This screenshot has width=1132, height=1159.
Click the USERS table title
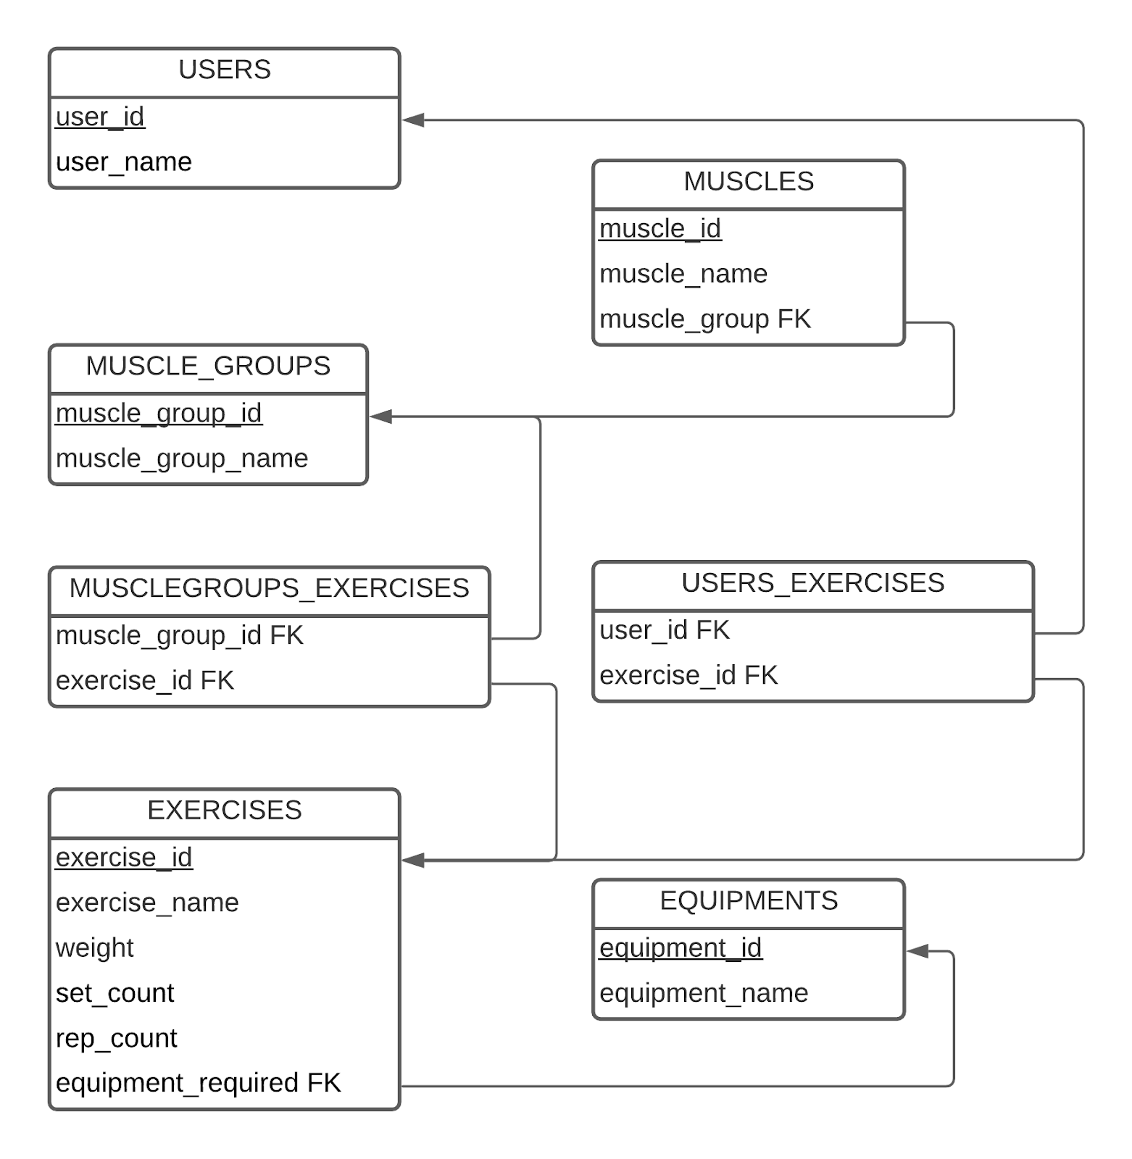[225, 70]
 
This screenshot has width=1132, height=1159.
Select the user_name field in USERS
[124, 162]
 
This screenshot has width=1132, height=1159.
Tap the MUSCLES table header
[749, 181]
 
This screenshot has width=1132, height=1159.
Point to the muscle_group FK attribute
[705, 319]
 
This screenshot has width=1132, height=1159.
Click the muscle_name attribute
[683, 274]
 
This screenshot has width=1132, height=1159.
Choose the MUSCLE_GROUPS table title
[208, 366]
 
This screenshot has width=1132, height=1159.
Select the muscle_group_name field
[182, 459]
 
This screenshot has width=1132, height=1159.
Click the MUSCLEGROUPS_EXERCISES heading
[269, 588]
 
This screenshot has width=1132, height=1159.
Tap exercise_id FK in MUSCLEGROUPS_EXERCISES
[145, 681]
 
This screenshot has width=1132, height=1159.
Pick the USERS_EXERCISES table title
[813, 583]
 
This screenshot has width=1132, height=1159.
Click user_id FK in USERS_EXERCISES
[665, 630]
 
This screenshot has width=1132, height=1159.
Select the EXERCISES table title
[225, 810]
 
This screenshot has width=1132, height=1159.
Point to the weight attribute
[95, 948]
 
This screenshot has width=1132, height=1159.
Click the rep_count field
[117, 1039]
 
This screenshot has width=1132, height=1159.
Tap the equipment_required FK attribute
[199, 1083]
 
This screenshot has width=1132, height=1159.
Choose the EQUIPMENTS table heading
[749, 900]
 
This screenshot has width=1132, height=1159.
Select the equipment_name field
[704, 993]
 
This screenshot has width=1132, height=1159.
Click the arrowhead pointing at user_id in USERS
[413, 120]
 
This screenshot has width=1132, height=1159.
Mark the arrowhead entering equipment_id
[917, 951]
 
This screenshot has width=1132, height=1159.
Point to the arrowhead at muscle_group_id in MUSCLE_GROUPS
[381, 417]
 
